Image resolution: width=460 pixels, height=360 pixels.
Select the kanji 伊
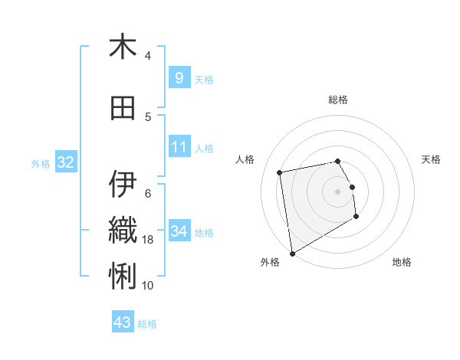click(x=123, y=184)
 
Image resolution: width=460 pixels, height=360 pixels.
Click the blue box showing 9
click(x=179, y=78)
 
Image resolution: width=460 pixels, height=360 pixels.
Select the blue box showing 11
click(x=179, y=147)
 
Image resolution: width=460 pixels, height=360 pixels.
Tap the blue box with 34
click(x=179, y=231)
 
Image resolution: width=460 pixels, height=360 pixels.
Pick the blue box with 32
click(x=65, y=162)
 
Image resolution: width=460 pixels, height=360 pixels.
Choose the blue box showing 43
click(x=123, y=322)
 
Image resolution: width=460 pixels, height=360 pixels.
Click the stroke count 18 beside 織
click(x=149, y=240)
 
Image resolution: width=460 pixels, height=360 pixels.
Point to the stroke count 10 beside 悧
click(x=148, y=285)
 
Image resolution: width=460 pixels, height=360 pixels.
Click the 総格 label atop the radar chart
click(x=337, y=100)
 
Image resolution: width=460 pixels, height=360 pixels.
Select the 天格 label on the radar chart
click(x=432, y=159)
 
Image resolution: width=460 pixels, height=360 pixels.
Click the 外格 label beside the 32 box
click(x=41, y=163)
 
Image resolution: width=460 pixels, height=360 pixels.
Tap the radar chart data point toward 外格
click(x=292, y=253)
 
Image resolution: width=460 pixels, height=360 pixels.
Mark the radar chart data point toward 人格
click(x=280, y=172)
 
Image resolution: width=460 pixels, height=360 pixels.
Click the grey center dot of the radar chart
click(x=337, y=191)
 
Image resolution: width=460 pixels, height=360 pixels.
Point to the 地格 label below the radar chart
click(x=402, y=262)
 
